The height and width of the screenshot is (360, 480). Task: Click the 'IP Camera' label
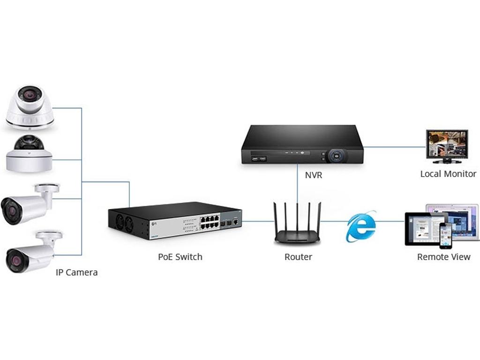click(x=76, y=272)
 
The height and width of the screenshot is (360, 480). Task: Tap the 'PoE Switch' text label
click(x=180, y=257)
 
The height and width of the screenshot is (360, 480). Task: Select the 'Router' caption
click(x=298, y=257)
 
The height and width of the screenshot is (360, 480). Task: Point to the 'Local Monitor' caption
click(x=448, y=174)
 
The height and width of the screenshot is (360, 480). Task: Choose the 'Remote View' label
click(x=443, y=257)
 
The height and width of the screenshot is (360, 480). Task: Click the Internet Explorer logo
click(x=360, y=226)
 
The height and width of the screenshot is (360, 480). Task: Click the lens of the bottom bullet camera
click(x=13, y=259)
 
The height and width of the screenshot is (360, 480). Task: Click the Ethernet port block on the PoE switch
click(x=210, y=221)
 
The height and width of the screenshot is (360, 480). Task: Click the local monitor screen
click(x=446, y=143)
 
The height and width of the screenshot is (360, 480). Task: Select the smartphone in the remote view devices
click(x=445, y=235)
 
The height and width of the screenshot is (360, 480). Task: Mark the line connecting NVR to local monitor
click(x=394, y=147)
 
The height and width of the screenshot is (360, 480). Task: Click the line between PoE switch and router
click(x=257, y=220)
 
